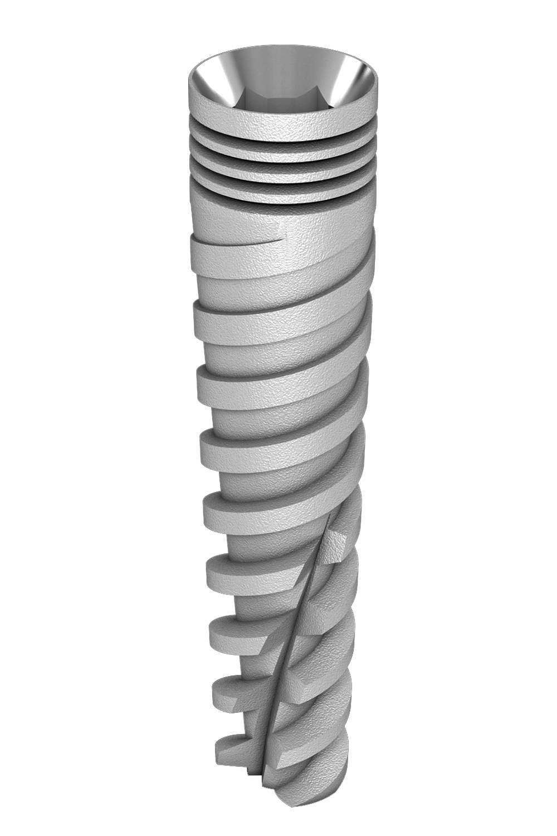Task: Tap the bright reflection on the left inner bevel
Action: pyautogui.click(x=223, y=78)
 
